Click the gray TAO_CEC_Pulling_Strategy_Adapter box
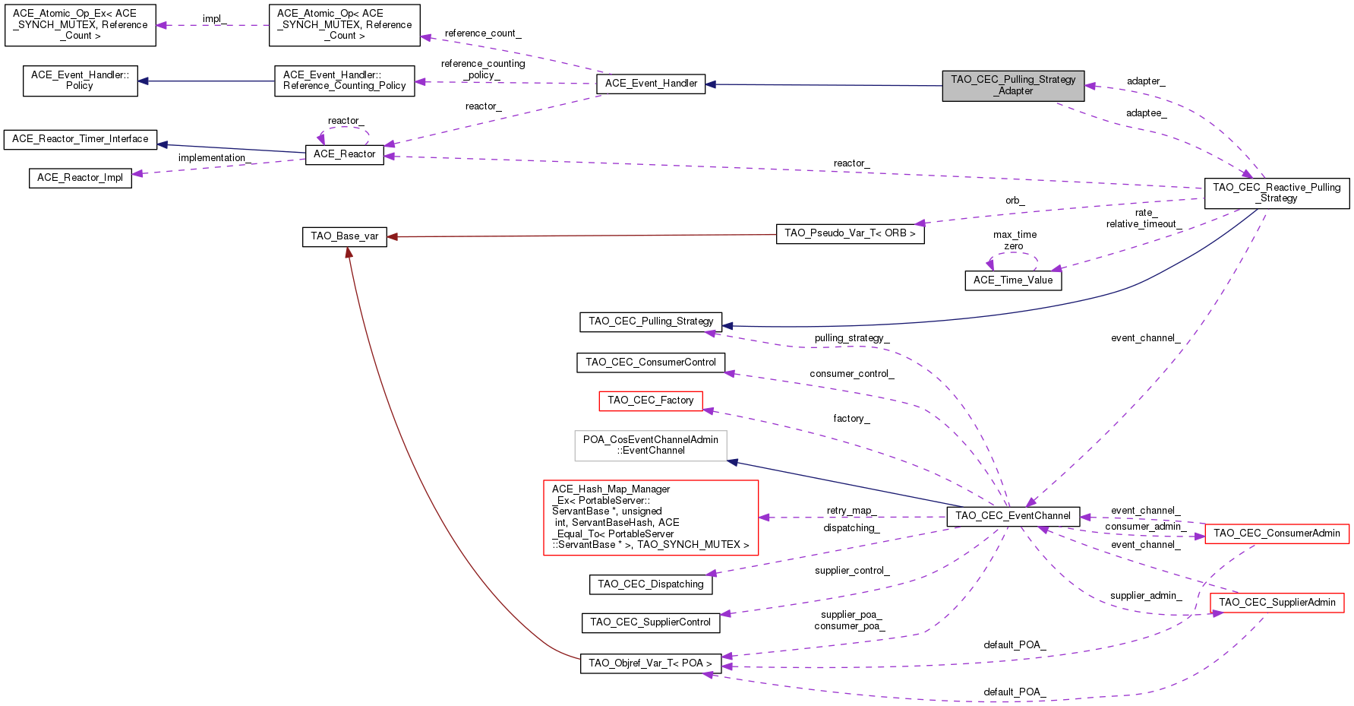(x=1013, y=85)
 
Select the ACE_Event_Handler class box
(x=651, y=84)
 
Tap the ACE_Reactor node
(x=344, y=154)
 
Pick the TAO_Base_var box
(x=344, y=236)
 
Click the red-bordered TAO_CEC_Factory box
(x=650, y=400)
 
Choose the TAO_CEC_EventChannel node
(x=1013, y=516)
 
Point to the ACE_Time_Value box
(x=1013, y=280)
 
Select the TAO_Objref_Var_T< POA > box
(x=650, y=663)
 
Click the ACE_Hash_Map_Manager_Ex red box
(x=651, y=517)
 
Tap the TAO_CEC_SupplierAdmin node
(x=1277, y=603)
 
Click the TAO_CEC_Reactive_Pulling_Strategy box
(x=1277, y=193)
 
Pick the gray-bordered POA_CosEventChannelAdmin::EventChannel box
(x=651, y=445)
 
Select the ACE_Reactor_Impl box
(x=80, y=178)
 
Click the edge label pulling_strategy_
(x=851, y=338)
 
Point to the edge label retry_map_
(x=850, y=511)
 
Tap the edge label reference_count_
(x=483, y=33)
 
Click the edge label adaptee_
(x=1146, y=113)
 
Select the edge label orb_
(x=1015, y=201)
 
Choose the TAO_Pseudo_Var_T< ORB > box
(x=850, y=233)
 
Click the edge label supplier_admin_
(x=1145, y=596)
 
